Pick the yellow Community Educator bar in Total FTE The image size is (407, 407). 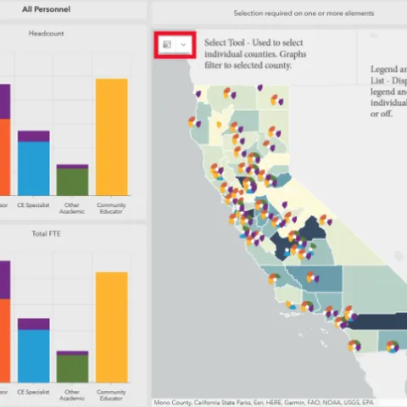click(x=112, y=326)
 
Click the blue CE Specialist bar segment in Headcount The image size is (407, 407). click(x=34, y=168)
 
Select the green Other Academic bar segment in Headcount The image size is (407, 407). click(x=73, y=181)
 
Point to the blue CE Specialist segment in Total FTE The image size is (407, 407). click(x=34, y=355)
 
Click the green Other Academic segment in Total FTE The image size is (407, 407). click(x=73, y=368)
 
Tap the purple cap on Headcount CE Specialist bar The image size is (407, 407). click(x=34, y=136)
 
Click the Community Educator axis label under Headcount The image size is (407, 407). click(x=112, y=208)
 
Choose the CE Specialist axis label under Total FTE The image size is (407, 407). click(x=34, y=393)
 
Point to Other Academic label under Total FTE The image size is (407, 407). click(x=73, y=395)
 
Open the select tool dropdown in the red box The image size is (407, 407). click(x=183, y=44)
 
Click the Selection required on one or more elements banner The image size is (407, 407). click(x=278, y=14)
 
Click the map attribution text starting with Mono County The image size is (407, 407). click(x=263, y=402)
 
